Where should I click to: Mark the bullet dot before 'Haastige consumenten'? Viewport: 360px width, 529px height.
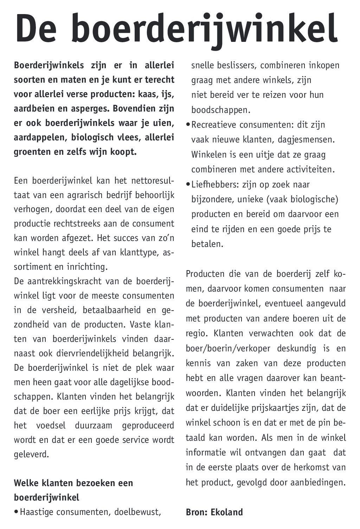[16, 512]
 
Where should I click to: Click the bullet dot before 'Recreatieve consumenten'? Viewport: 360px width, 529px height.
[188, 125]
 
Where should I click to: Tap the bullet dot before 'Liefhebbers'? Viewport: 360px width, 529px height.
[188, 184]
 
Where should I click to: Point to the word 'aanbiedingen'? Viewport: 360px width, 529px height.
[318, 482]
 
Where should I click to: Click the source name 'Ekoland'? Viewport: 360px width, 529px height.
[227, 512]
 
